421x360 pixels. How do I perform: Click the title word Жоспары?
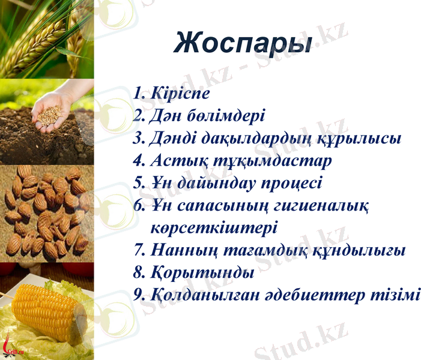point(243,44)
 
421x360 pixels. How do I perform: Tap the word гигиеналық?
point(326,206)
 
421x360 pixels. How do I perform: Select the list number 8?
point(138,273)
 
